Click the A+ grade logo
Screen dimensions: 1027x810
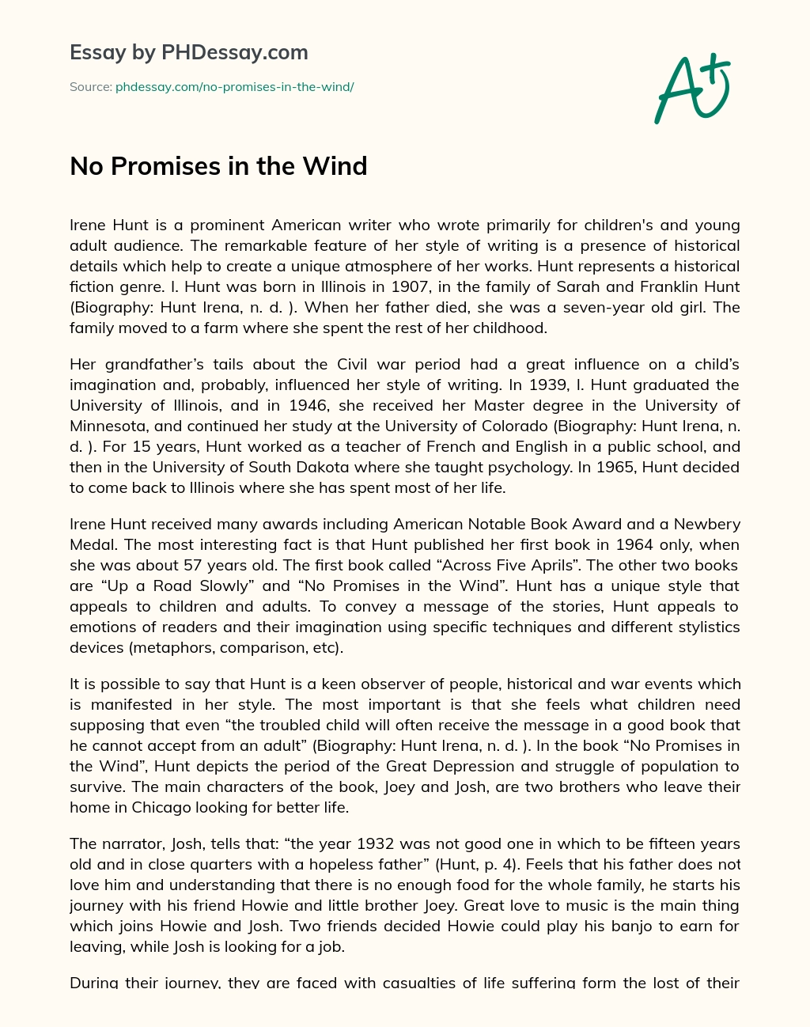[691, 88]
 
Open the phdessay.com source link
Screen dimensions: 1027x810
[234, 86]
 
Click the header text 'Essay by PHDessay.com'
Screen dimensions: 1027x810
[188, 53]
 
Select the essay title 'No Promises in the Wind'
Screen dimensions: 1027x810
[218, 166]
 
